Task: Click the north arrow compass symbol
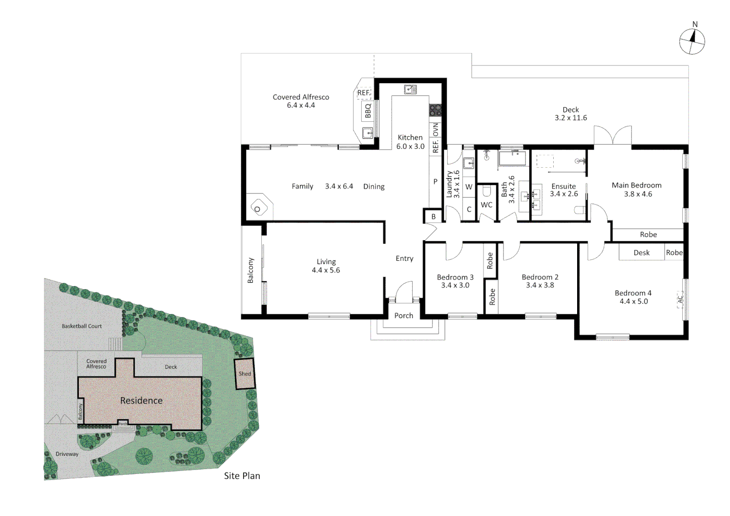click(692, 41)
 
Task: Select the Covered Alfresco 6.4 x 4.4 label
click(301, 101)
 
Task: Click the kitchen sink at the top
click(410, 89)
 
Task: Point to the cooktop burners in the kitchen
click(435, 110)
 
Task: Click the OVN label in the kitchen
click(436, 129)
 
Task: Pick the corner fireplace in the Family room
click(258, 208)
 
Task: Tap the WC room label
click(486, 205)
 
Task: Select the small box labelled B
click(433, 216)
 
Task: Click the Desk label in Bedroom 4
click(642, 253)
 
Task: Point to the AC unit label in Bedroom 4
click(681, 299)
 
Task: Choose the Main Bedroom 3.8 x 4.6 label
click(637, 189)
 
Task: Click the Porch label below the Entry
click(404, 315)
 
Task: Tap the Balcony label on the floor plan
click(251, 270)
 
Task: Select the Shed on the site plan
click(245, 374)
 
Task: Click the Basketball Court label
click(82, 326)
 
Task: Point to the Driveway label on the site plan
click(67, 454)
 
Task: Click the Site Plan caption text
click(242, 476)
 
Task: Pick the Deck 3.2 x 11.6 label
click(570, 114)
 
